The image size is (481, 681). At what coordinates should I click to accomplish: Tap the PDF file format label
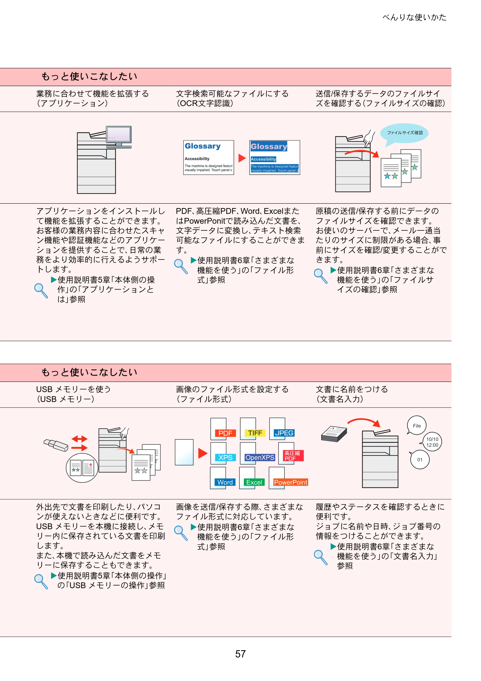coord(225,433)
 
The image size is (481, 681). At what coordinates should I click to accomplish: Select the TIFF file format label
coord(255,433)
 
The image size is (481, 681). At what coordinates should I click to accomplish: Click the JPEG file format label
coord(284,433)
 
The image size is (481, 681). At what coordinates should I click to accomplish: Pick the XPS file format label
coord(225,457)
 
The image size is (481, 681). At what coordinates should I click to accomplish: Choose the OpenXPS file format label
coord(260,457)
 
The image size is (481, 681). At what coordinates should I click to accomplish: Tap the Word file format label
coord(225,482)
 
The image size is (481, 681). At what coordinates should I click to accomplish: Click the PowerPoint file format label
coord(291,482)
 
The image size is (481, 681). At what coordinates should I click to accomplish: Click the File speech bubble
coord(416,425)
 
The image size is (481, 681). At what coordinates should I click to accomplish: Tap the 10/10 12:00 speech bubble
coord(431,442)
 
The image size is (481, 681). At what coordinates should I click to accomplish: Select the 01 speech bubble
coord(419,460)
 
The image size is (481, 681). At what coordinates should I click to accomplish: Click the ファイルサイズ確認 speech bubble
coord(405,134)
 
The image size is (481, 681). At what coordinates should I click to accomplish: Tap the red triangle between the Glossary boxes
coord(242,158)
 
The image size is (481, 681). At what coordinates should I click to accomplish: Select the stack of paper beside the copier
coord(334,434)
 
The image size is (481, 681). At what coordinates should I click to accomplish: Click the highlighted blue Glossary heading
coord(269,146)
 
